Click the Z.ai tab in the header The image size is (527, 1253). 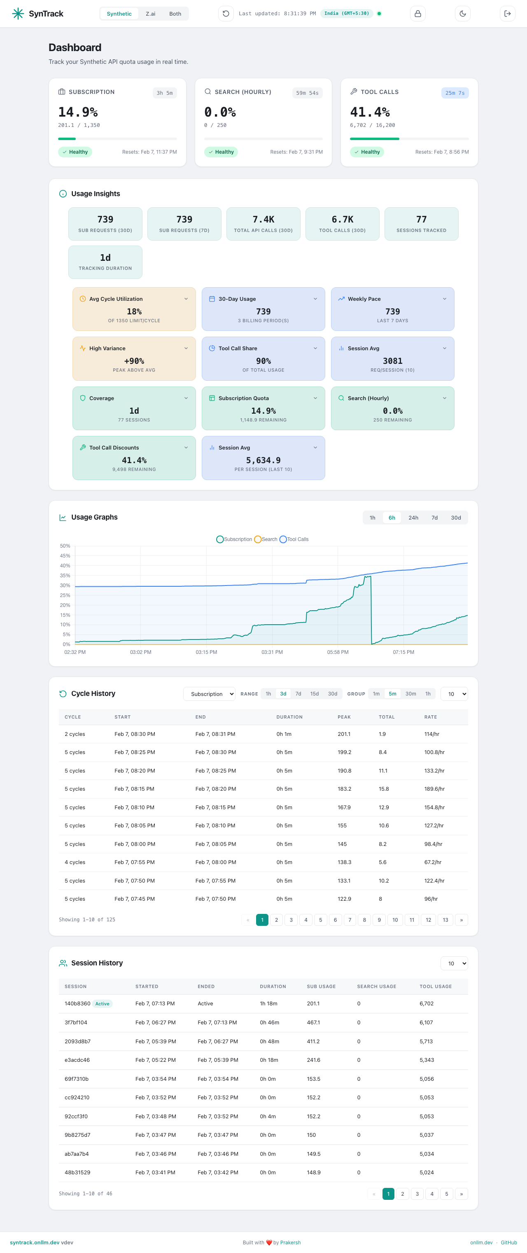pyautogui.click(x=150, y=14)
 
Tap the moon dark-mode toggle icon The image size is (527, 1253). pyautogui.click(x=462, y=14)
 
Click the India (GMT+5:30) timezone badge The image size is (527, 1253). pyautogui.click(x=346, y=14)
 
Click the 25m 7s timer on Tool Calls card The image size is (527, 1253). pyautogui.click(x=455, y=93)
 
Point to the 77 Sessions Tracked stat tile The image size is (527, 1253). pyautogui.click(x=421, y=224)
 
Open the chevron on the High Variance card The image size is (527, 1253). pyautogui.click(x=186, y=348)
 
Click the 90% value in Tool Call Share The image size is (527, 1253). pyautogui.click(x=263, y=361)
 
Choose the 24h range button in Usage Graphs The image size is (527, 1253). pyautogui.click(x=413, y=518)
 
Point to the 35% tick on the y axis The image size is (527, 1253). pyautogui.click(x=65, y=576)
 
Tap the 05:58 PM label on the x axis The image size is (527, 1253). pyautogui.click(x=337, y=652)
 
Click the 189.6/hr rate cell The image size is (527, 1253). pyautogui.click(x=434, y=789)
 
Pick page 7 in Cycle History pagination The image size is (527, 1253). pyautogui.click(x=350, y=920)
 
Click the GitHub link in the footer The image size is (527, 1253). pyautogui.click(x=508, y=1242)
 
